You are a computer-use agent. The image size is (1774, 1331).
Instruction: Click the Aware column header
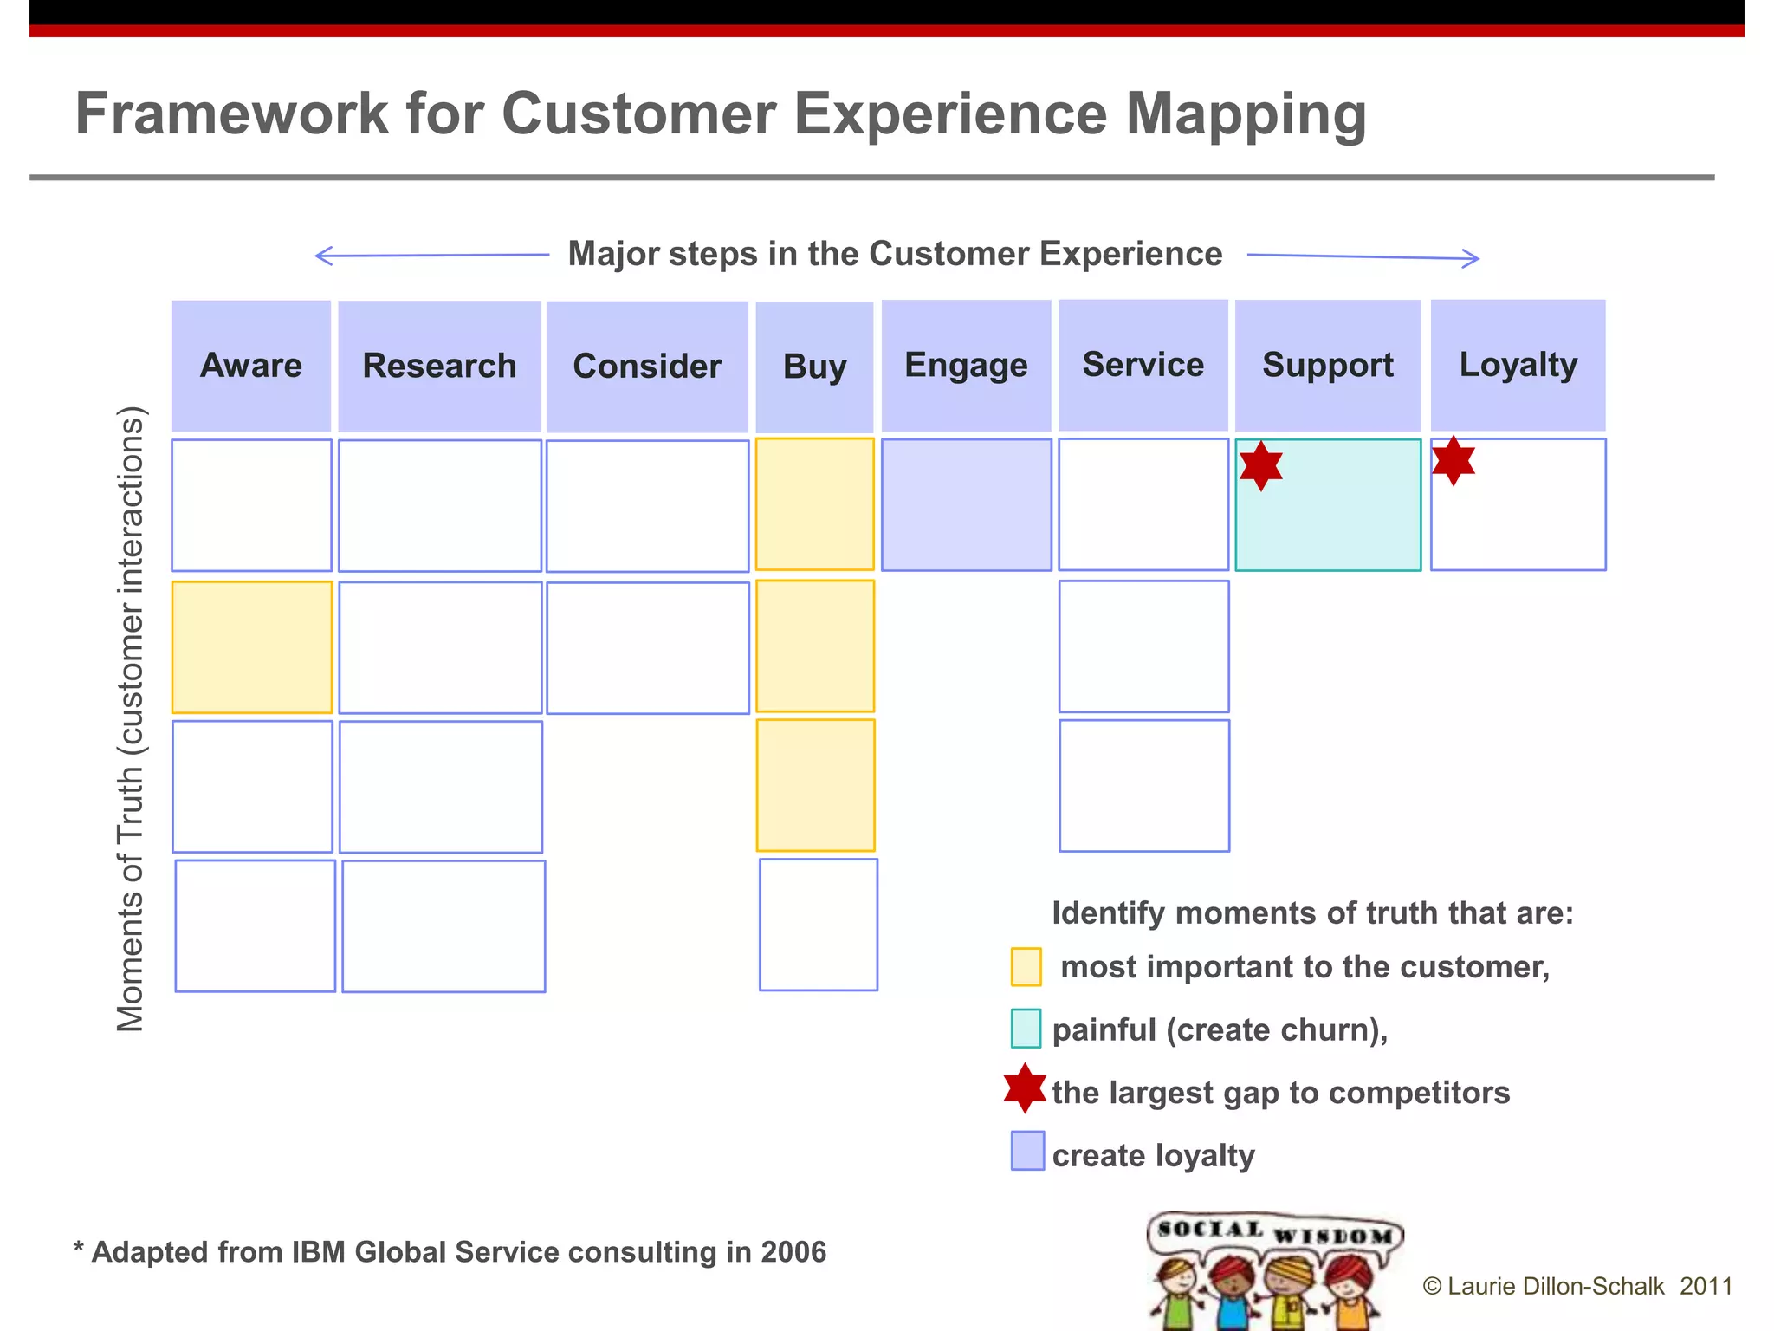point(251,366)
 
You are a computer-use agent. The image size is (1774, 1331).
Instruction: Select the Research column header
point(439,367)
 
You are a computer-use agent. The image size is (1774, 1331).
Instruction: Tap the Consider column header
point(647,367)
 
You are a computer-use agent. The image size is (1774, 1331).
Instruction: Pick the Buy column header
point(814,367)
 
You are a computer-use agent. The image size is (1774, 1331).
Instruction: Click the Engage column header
point(966,366)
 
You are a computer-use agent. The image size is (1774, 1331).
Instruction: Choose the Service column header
point(1143,365)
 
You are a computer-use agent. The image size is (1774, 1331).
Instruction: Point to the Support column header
point(1327,365)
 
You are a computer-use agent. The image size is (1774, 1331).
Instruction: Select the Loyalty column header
point(1518,365)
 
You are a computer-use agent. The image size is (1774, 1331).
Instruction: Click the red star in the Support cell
point(1261,466)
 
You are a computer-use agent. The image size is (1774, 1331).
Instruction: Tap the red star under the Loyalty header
point(1454,460)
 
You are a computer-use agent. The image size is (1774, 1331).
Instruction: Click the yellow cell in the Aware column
point(252,647)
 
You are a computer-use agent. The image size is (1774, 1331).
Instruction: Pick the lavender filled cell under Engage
point(966,504)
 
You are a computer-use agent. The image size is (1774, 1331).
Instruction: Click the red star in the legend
point(1025,1088)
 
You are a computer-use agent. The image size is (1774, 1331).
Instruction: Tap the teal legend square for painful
point(1026,1029)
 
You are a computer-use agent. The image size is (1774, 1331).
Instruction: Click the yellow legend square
point(1026,967)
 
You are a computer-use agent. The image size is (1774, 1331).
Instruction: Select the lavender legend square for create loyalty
point(1027,1151)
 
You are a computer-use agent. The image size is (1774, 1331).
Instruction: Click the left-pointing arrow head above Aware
point(322,256)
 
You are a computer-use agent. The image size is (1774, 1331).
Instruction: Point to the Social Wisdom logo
point(1273,1270)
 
